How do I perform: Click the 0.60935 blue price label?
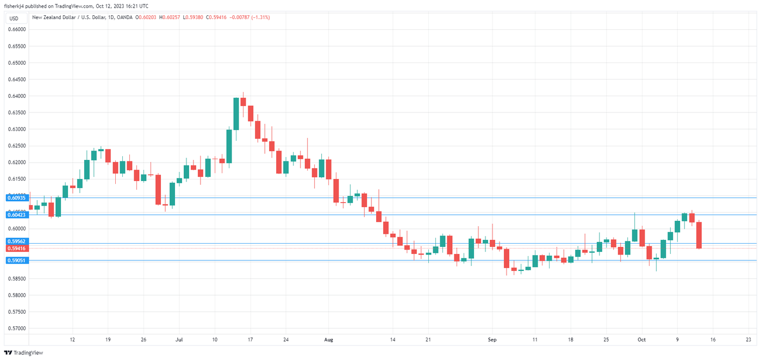click(16, 198)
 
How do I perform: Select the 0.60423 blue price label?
click(16, 215)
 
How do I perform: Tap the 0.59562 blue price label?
click(16, 241)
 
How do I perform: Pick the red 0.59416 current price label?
click(16, 248)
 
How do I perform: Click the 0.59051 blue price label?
click(16, 260)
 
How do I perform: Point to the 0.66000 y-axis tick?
click(17, 29)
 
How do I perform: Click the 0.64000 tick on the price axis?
click(17, 96)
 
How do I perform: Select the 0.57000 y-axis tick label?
click(17, 328)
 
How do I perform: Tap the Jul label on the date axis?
click(179, 340)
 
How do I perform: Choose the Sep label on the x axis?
click(492, 340)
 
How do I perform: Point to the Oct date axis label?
click(641, 340)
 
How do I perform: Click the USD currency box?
click(14, 18)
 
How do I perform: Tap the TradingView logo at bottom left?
click(24, 352)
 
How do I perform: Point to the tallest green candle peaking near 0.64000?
click(236, 115)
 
